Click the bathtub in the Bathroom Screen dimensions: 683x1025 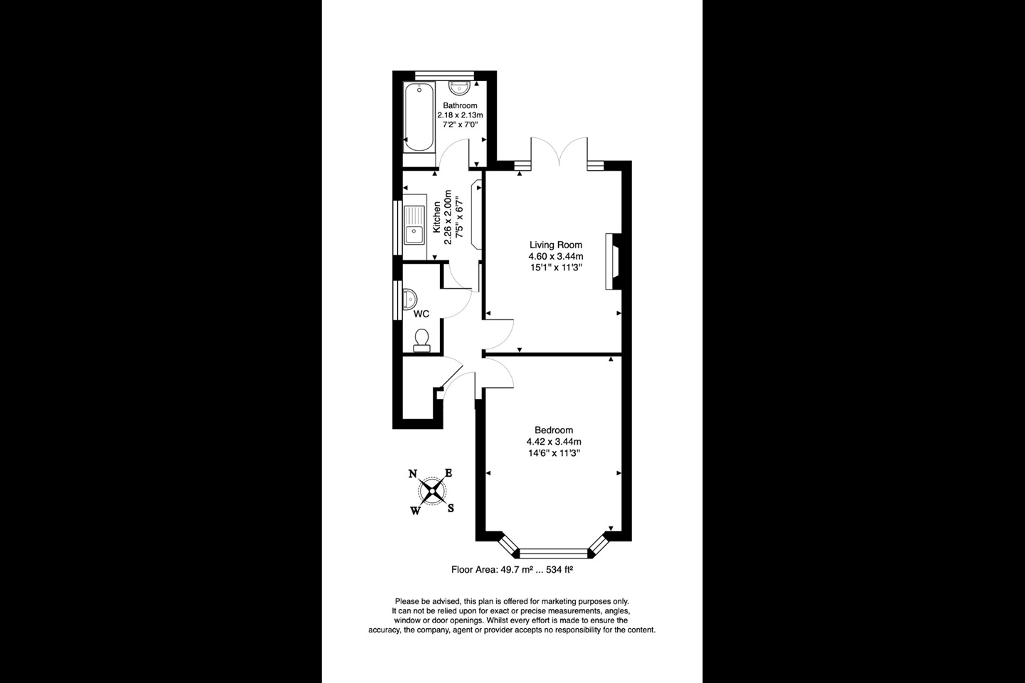pos(419,117)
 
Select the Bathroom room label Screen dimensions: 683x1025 pos(460,105)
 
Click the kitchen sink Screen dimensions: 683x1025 pos(414,224)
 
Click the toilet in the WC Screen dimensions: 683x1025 pos(421,339)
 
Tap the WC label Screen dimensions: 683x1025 pos(421,314)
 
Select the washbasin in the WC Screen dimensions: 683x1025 pos(411,297)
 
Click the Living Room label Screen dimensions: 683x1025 pos(555,245)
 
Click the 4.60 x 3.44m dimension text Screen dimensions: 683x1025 pos(555,256)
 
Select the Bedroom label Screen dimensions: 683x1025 pos(554,430)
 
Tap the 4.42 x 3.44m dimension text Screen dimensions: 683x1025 pos(554,441)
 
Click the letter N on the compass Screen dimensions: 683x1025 pos(413,475)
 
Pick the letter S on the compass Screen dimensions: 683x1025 pos(451,508)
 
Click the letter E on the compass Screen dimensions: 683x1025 pos(448,473)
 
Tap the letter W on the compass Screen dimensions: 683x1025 pos(415,509)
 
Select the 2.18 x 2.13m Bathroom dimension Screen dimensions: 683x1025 pos(460,115)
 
